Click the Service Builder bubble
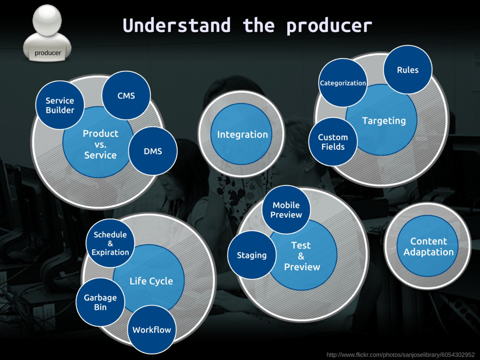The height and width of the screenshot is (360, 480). click(x=60, y=105)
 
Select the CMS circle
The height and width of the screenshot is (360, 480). click(x=126, y=95)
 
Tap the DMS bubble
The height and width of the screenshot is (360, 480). click(x=153, y=151)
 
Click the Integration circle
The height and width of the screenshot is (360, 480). click(x=242, y=135)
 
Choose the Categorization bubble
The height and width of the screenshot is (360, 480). click(x=343, y=83)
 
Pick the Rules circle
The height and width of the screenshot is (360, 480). click(x=408, y=70)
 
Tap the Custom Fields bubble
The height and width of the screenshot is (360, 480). click(x=333, y=142)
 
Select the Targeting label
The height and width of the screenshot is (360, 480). click(x=384, y=121)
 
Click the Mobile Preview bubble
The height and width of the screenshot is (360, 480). click(x=286, y=210)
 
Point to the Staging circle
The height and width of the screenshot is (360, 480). click(x=252, y=255)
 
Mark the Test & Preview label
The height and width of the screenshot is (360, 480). click(x=302, y=256)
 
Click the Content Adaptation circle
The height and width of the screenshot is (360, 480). click(x=428, y=247)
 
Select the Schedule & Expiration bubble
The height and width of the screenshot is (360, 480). click(x=110, y=243)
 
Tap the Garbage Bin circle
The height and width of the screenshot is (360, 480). click(x=100, y=302)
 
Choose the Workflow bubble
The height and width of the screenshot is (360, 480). click(x=152, y=330)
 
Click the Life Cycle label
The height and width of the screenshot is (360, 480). click(x=151, y=281)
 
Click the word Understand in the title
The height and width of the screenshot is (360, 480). click(x=177, y=25)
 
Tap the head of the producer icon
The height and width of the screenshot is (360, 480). click(x=47, y=21)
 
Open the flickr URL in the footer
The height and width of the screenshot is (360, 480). click(x=400, y=355)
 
